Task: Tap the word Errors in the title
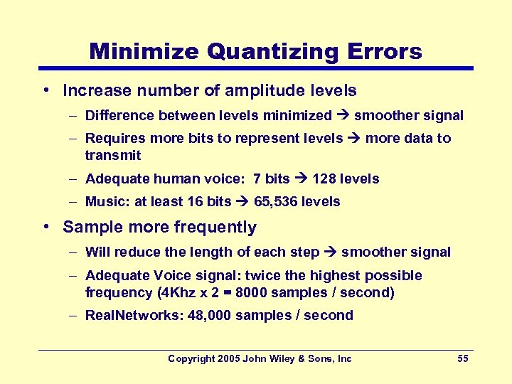[x=385, y=51]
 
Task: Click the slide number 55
[x=462, y=358]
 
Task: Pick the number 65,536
[x=276, y=201]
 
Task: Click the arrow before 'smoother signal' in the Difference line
[x=343, y=115]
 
